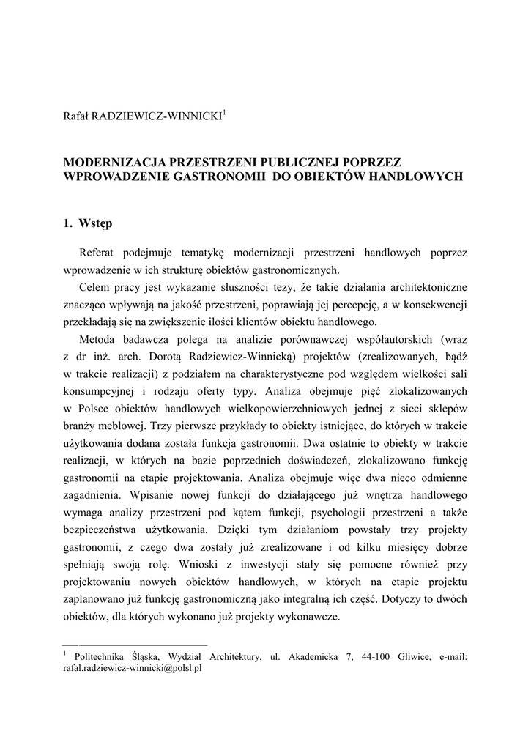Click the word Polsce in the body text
point(93,409)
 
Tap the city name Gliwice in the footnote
point(417,658)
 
